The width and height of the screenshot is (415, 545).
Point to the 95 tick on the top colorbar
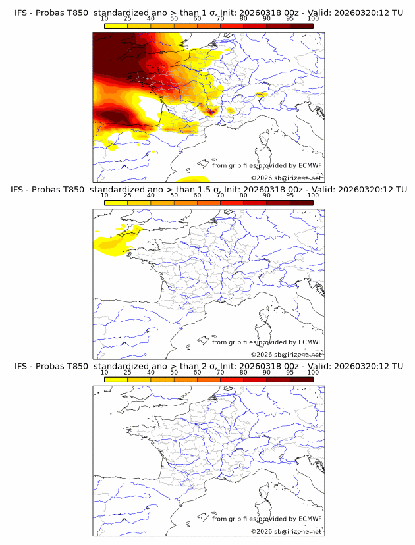pos(290,18)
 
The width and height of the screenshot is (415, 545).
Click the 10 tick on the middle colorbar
pos(105,195)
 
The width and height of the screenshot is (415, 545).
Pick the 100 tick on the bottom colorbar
pos(313,372)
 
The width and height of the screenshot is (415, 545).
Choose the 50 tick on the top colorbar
pos(174,18)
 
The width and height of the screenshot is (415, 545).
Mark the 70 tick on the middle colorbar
pos(220,195)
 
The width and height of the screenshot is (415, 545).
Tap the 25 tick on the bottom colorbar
pos(128,372)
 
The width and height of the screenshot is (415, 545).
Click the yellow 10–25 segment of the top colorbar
pos(116,26)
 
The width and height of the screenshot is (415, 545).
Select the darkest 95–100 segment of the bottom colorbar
pos(301,379)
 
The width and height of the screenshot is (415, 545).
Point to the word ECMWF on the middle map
pos(310,342)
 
